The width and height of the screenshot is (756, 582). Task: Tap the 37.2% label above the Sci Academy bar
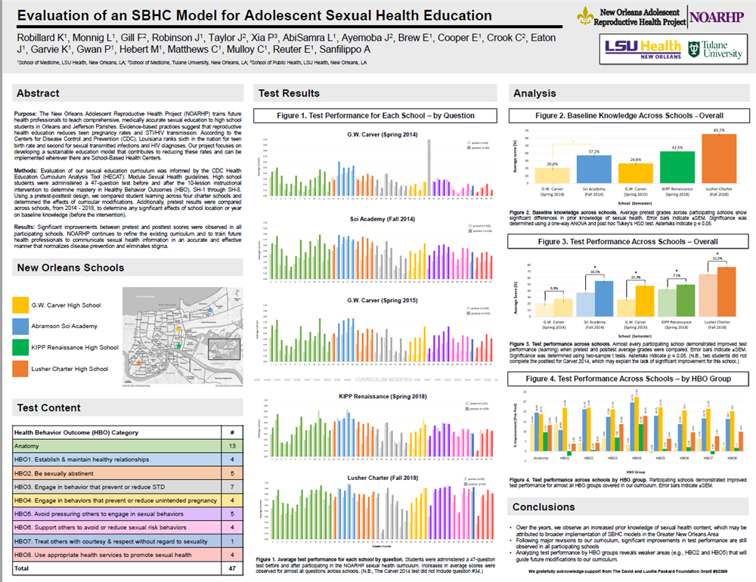[x=593, y=151]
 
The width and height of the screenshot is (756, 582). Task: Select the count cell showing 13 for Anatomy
[x=230, y=446]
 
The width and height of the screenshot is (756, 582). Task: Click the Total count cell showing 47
[x=230, y=567]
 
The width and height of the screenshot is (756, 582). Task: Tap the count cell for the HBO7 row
[x=230, y=541]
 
